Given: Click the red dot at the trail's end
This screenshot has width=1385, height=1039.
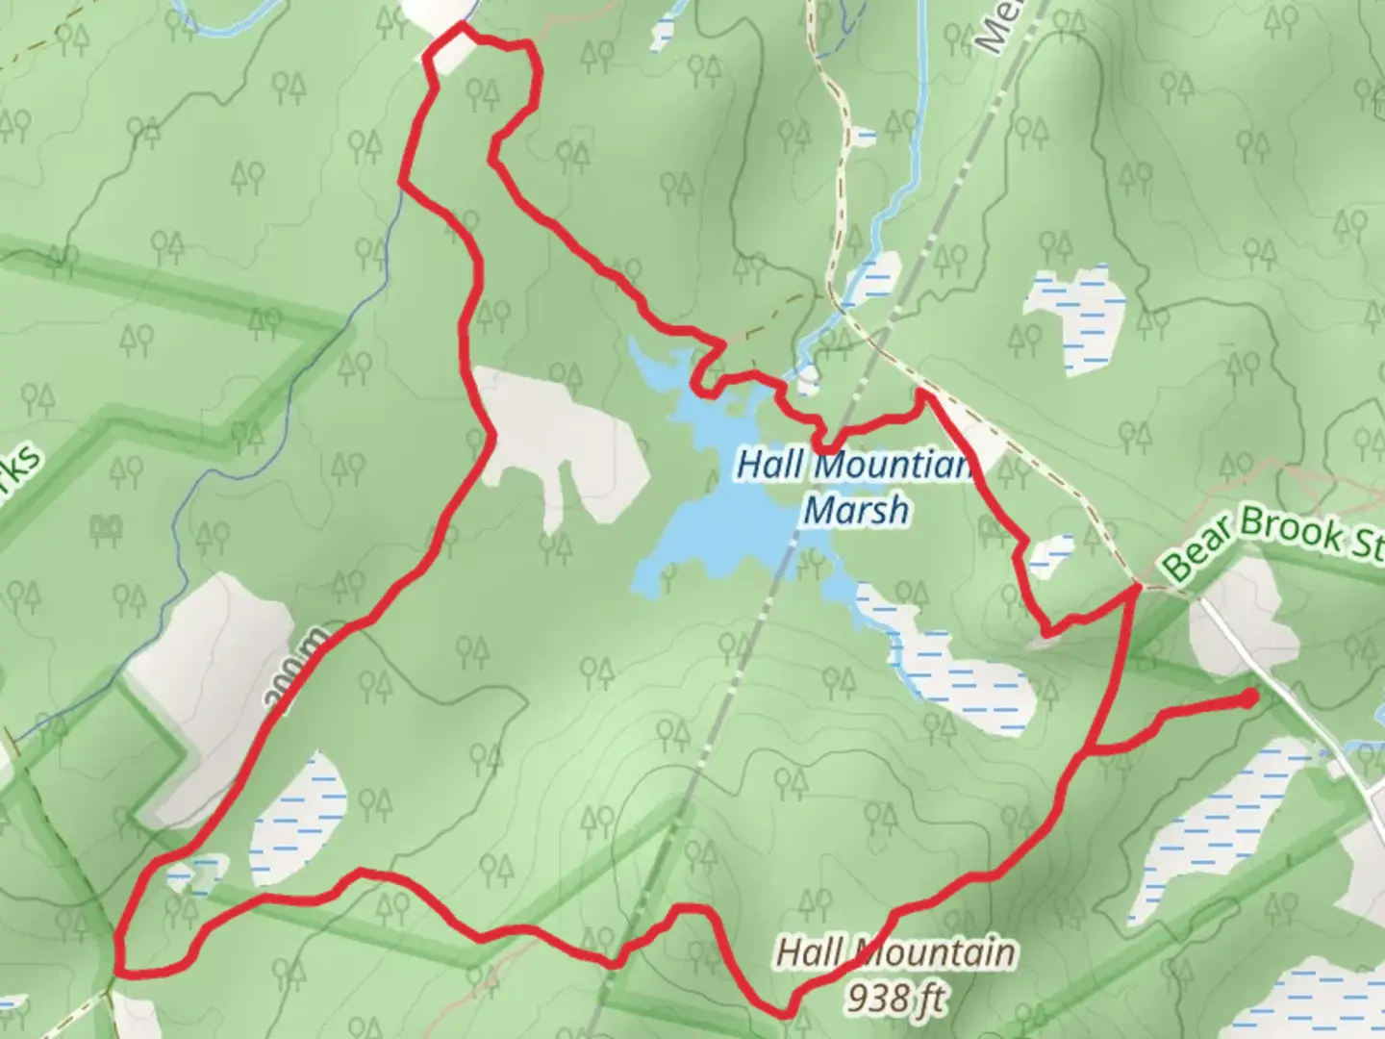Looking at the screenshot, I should tap(1248, 697).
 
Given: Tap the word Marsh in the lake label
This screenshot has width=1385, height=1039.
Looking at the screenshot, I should tap(855, 509).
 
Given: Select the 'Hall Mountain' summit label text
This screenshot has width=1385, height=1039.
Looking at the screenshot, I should tap(894, 952).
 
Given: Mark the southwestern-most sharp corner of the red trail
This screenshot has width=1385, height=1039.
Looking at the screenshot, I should tap(118, 967).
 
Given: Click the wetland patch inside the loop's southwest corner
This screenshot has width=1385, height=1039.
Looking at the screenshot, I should tap(298, 818).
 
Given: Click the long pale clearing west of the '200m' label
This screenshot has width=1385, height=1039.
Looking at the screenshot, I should tap(207, 693).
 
